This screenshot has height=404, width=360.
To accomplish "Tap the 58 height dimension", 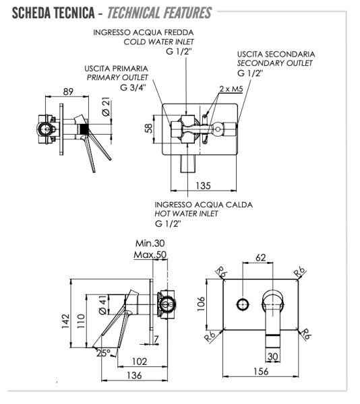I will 149,128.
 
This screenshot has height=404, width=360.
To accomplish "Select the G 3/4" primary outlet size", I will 133,87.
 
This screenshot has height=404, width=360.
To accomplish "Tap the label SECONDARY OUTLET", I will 274,63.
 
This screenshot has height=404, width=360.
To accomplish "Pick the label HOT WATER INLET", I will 187,213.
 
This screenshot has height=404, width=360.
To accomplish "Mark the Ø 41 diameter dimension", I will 102,305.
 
